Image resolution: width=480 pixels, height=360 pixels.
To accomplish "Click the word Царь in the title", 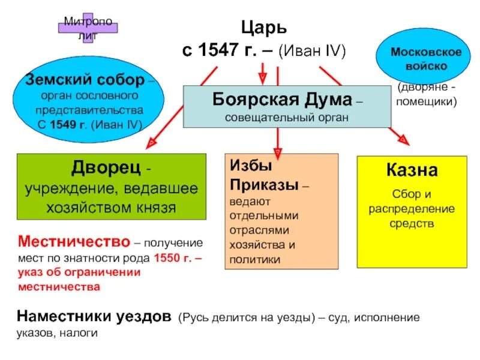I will (264, 27).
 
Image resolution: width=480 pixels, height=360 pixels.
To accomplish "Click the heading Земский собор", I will (85, 80).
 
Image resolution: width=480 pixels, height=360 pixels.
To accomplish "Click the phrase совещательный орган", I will (287, 116).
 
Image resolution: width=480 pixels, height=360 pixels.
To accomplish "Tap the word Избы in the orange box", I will (245, 165).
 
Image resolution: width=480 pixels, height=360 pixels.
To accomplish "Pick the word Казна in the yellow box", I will (412, 170).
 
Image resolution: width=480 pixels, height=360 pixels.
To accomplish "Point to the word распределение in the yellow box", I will (412, 209).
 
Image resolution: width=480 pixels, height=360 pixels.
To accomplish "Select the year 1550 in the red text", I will (166, 258).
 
